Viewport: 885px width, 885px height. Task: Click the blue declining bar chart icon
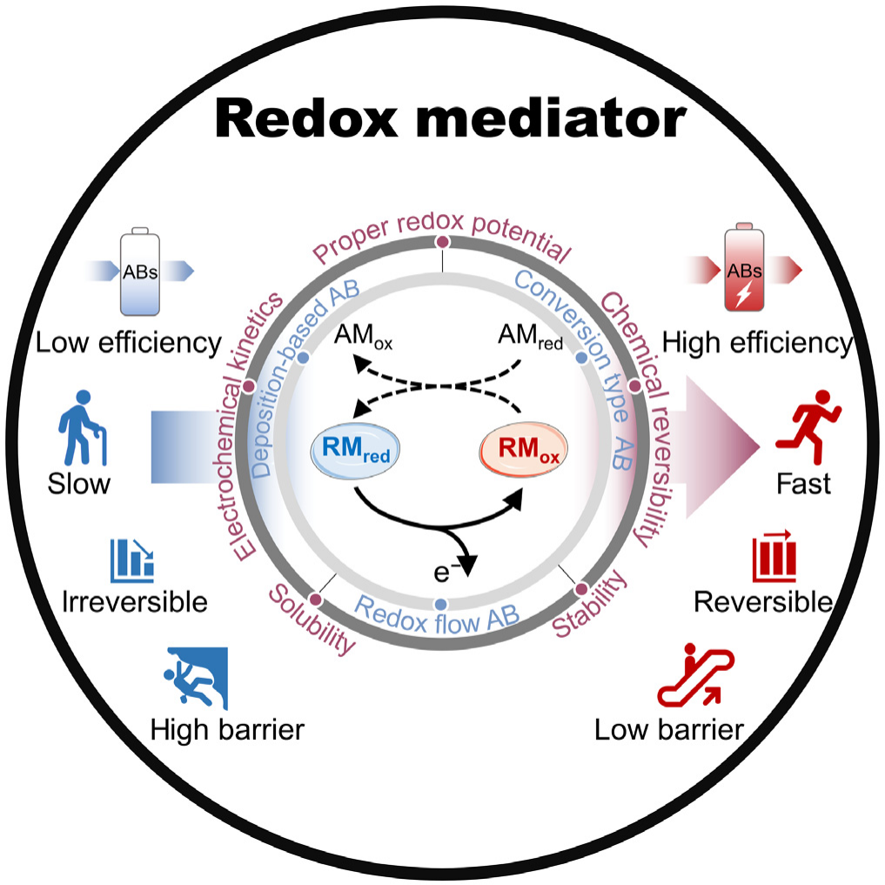[x=132, y=561]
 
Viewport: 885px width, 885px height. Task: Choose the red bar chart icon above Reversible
[x=774, y=556]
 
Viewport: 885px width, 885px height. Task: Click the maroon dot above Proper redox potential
[x=442, y=242]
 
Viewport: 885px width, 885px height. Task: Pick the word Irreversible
[x=136, y=601]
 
